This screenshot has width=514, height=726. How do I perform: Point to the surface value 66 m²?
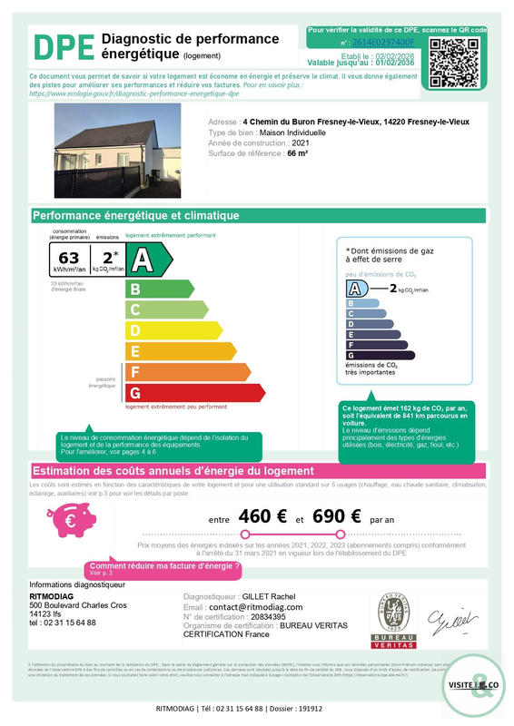click(x=297, y=154)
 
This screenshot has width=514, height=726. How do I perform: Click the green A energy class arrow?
click(x=149, y=260)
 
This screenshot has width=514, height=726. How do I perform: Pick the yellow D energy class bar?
click(x=173, y=330)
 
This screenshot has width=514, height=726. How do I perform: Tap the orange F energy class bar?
click(x=187, y=372)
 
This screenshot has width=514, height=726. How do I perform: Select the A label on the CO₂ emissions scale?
click(x=357, y=289)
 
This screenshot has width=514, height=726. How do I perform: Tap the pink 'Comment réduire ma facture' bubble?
click(x=164, y=568)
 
